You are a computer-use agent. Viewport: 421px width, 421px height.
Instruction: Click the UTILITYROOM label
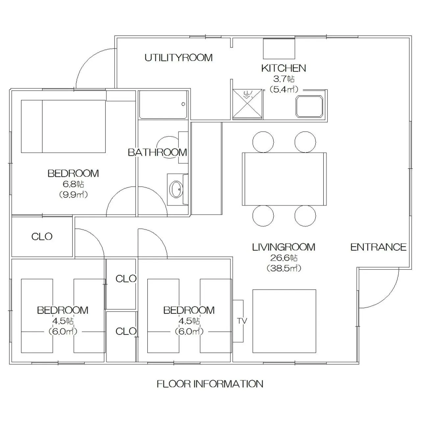(x=179, y=58)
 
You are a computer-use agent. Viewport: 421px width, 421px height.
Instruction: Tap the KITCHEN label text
(x=284, y=68)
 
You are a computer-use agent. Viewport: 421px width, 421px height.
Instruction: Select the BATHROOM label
(x=157, y=152)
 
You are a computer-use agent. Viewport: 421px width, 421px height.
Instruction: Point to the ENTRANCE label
(x=378, y=247)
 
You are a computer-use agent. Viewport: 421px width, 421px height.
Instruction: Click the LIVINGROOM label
(x=284, y=247)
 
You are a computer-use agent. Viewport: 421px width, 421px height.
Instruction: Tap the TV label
(x=242, y=321)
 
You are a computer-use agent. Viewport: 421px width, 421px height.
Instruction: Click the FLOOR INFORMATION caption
(x=210, y=384)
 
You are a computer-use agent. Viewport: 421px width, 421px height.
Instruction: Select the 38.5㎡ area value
(x=284, y=268)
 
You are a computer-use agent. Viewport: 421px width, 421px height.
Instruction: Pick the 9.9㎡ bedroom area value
(x=73, y=194)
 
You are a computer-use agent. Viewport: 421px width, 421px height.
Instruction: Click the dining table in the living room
(x=284, y=179)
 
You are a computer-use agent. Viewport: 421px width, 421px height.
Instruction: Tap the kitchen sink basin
(x=309, y=106)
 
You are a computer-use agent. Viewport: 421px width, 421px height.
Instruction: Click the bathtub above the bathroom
(x=163, y=105)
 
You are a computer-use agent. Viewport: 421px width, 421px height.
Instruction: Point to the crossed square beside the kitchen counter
(x=248, y=104)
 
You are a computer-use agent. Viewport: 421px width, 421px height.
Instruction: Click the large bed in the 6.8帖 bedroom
(x=63, y=126)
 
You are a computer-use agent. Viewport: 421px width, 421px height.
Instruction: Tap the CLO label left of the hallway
(x=42, y=236)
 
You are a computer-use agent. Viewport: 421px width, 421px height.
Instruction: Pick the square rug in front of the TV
(x=284, y=321)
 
